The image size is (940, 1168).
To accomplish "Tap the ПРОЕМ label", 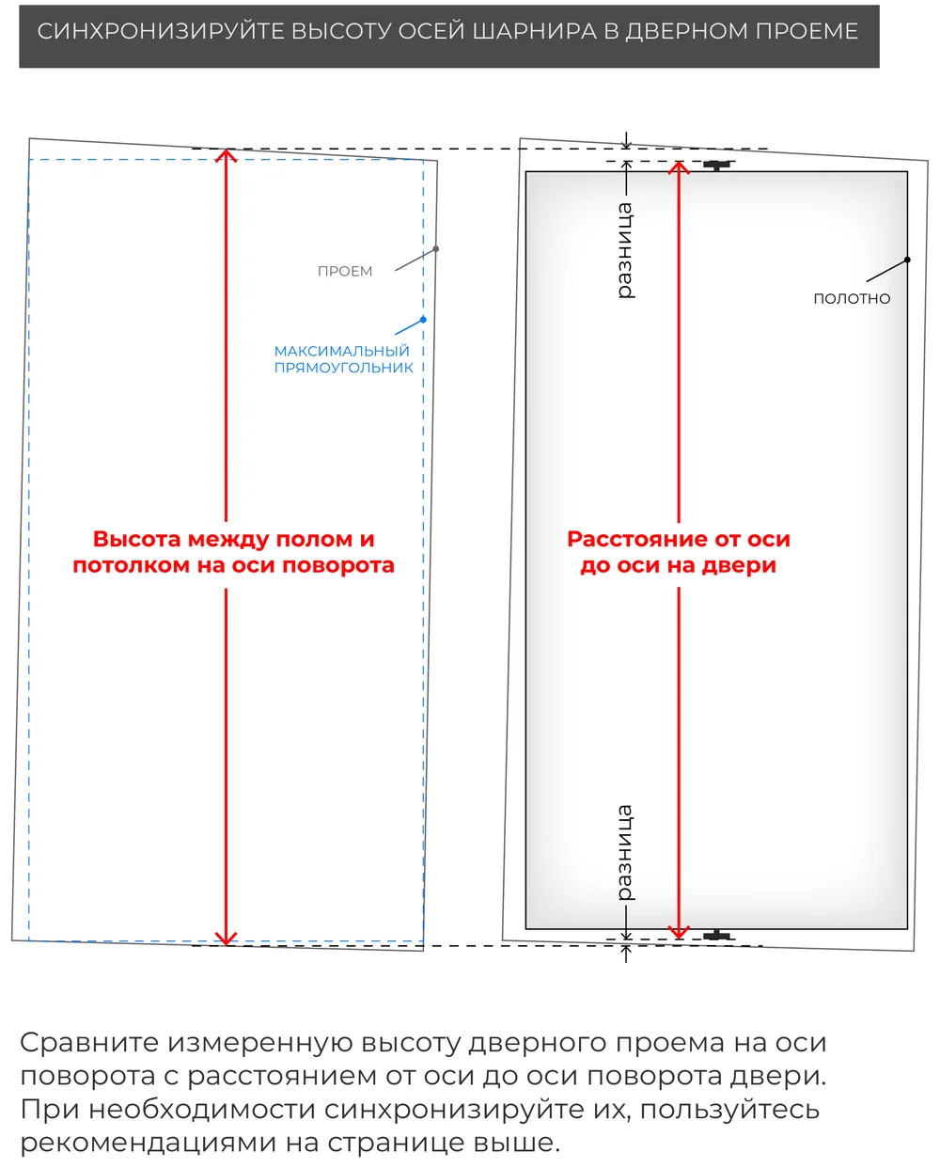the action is point(345,271).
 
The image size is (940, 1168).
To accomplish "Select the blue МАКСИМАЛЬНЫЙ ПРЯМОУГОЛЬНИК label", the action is point(343,358).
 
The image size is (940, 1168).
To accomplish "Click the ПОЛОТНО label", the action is point(852,298).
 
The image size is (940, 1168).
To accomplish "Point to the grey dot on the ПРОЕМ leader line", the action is point(436,249).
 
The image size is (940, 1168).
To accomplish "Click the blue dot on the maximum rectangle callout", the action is point(423,320).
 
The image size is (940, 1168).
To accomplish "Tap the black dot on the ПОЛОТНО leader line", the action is point(907,260).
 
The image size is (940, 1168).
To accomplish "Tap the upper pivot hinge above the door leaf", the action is point(717,166).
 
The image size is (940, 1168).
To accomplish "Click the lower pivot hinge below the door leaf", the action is point(717,935).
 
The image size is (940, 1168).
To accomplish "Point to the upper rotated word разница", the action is point(626,251).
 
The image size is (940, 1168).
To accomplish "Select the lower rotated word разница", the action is point(626,853).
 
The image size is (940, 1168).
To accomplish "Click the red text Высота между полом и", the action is point(233,539).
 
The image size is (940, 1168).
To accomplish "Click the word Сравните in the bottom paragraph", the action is point(89,1043).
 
